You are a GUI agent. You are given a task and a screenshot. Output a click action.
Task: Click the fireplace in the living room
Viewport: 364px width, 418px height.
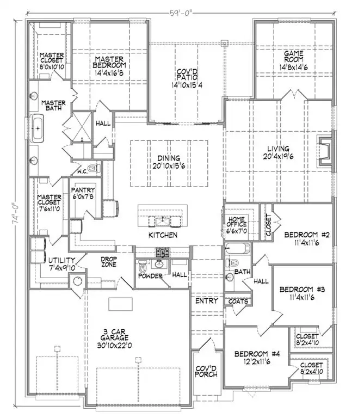(x=324, y=152)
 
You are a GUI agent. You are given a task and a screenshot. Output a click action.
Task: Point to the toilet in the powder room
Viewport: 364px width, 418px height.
(x=143, y=268)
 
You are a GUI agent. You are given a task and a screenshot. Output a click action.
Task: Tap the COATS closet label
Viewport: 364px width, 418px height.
(x=238, y=301)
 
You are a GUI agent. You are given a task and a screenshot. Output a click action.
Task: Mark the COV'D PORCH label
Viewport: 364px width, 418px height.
(x=206, y=372)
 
